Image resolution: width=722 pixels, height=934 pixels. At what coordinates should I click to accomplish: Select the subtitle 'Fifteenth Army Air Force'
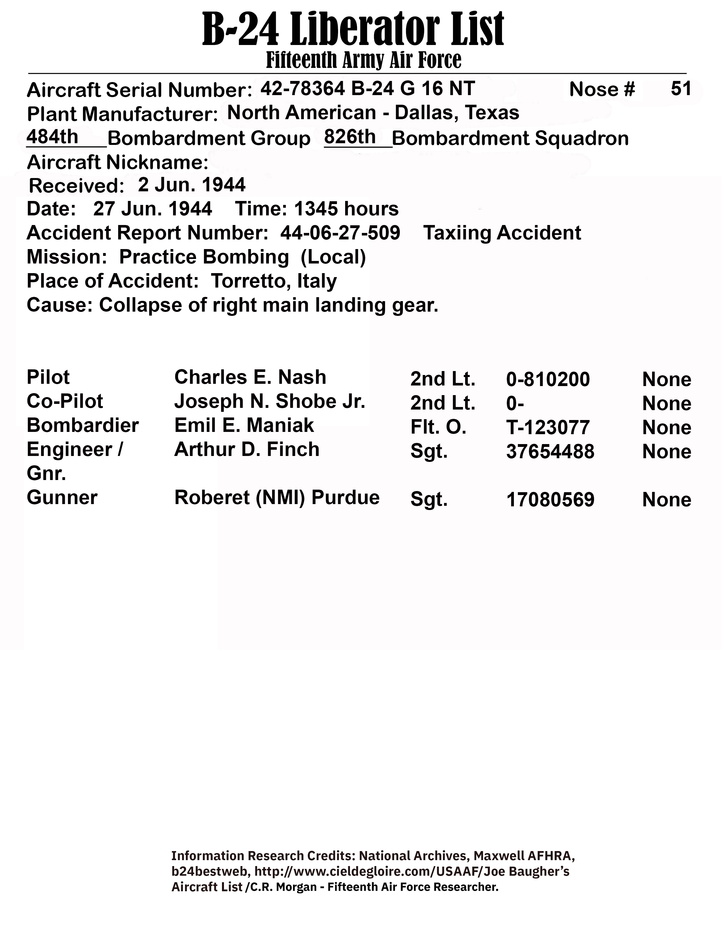(x=364, y=60)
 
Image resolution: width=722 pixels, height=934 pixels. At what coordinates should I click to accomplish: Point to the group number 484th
(x=52, y=137)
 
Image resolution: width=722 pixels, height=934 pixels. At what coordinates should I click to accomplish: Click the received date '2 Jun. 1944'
(x=192, y=185)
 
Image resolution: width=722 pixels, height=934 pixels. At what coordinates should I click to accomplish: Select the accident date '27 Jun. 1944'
(x=153, y=209)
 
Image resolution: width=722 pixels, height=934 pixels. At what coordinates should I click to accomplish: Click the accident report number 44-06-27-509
(x=340, y=233)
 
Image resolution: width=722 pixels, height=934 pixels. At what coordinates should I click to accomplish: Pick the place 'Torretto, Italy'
(x=274, y=281)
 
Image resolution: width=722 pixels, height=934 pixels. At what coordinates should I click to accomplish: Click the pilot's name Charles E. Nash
(x=250, y=377)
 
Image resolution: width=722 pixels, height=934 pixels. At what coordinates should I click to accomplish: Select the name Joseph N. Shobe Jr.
(x=270, y=401)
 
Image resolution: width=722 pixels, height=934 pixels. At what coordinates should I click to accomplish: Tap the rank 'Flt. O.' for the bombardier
(x=438, y=427)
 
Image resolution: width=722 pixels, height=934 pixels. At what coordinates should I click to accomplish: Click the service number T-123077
(x=548, y=427)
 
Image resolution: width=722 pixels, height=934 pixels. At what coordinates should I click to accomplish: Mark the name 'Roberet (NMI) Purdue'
(x=277, y=497)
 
